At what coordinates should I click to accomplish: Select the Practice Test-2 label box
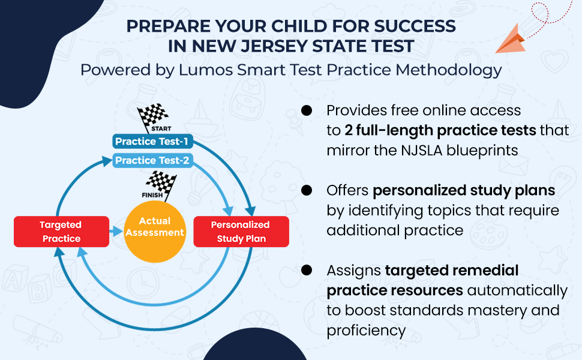click(152, 160)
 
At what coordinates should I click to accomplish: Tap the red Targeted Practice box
click(61, 232)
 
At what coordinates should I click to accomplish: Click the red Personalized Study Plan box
click(241, 232)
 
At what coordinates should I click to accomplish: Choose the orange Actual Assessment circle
click(155, 227)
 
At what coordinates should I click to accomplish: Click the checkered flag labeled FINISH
click(160, 184)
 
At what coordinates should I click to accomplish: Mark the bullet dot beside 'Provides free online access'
click(307, 110)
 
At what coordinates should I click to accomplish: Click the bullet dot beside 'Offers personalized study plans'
click(307, 190)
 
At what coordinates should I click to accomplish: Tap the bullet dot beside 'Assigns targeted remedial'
click(307, 270)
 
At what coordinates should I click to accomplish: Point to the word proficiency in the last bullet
click(366, 330)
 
